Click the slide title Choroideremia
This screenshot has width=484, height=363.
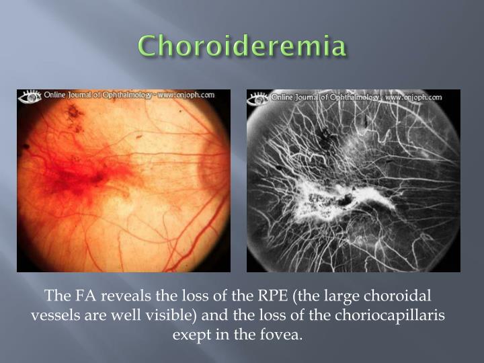(242, 47)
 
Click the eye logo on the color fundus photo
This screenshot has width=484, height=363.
(31, 97)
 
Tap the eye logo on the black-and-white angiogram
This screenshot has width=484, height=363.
(258, 98)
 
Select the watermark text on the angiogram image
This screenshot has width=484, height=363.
(356, 97)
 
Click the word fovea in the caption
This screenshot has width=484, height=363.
(285, 334)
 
